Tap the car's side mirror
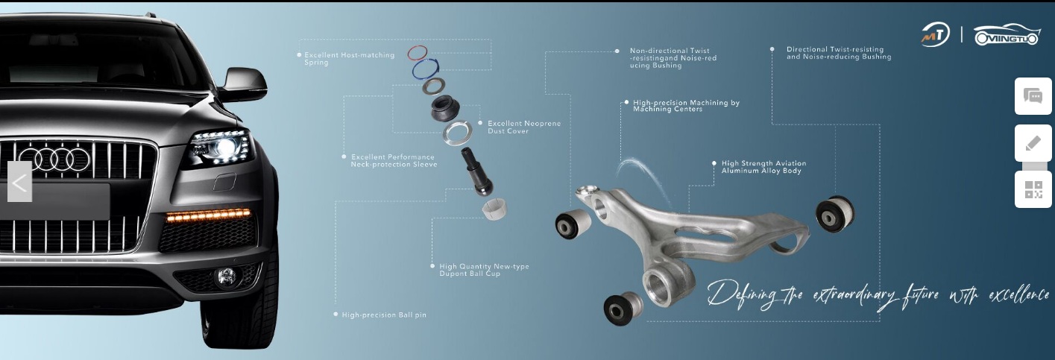(244, 85)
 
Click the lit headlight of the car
(221, 148)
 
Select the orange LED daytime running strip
(208, 215)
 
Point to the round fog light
(226, 277)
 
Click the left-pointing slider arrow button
(20, 182)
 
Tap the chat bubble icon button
(1033, 96)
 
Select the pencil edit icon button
(1033, 143)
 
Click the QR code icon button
(1033, 189)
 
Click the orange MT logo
(935, 35)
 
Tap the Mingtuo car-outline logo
(1007, 35)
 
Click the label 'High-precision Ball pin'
(384, 315)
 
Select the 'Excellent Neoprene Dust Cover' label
(524, 127)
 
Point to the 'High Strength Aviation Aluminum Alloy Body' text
(763, 167)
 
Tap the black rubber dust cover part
(445, 108)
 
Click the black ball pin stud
(476, 171)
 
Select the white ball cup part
(494, 209)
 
